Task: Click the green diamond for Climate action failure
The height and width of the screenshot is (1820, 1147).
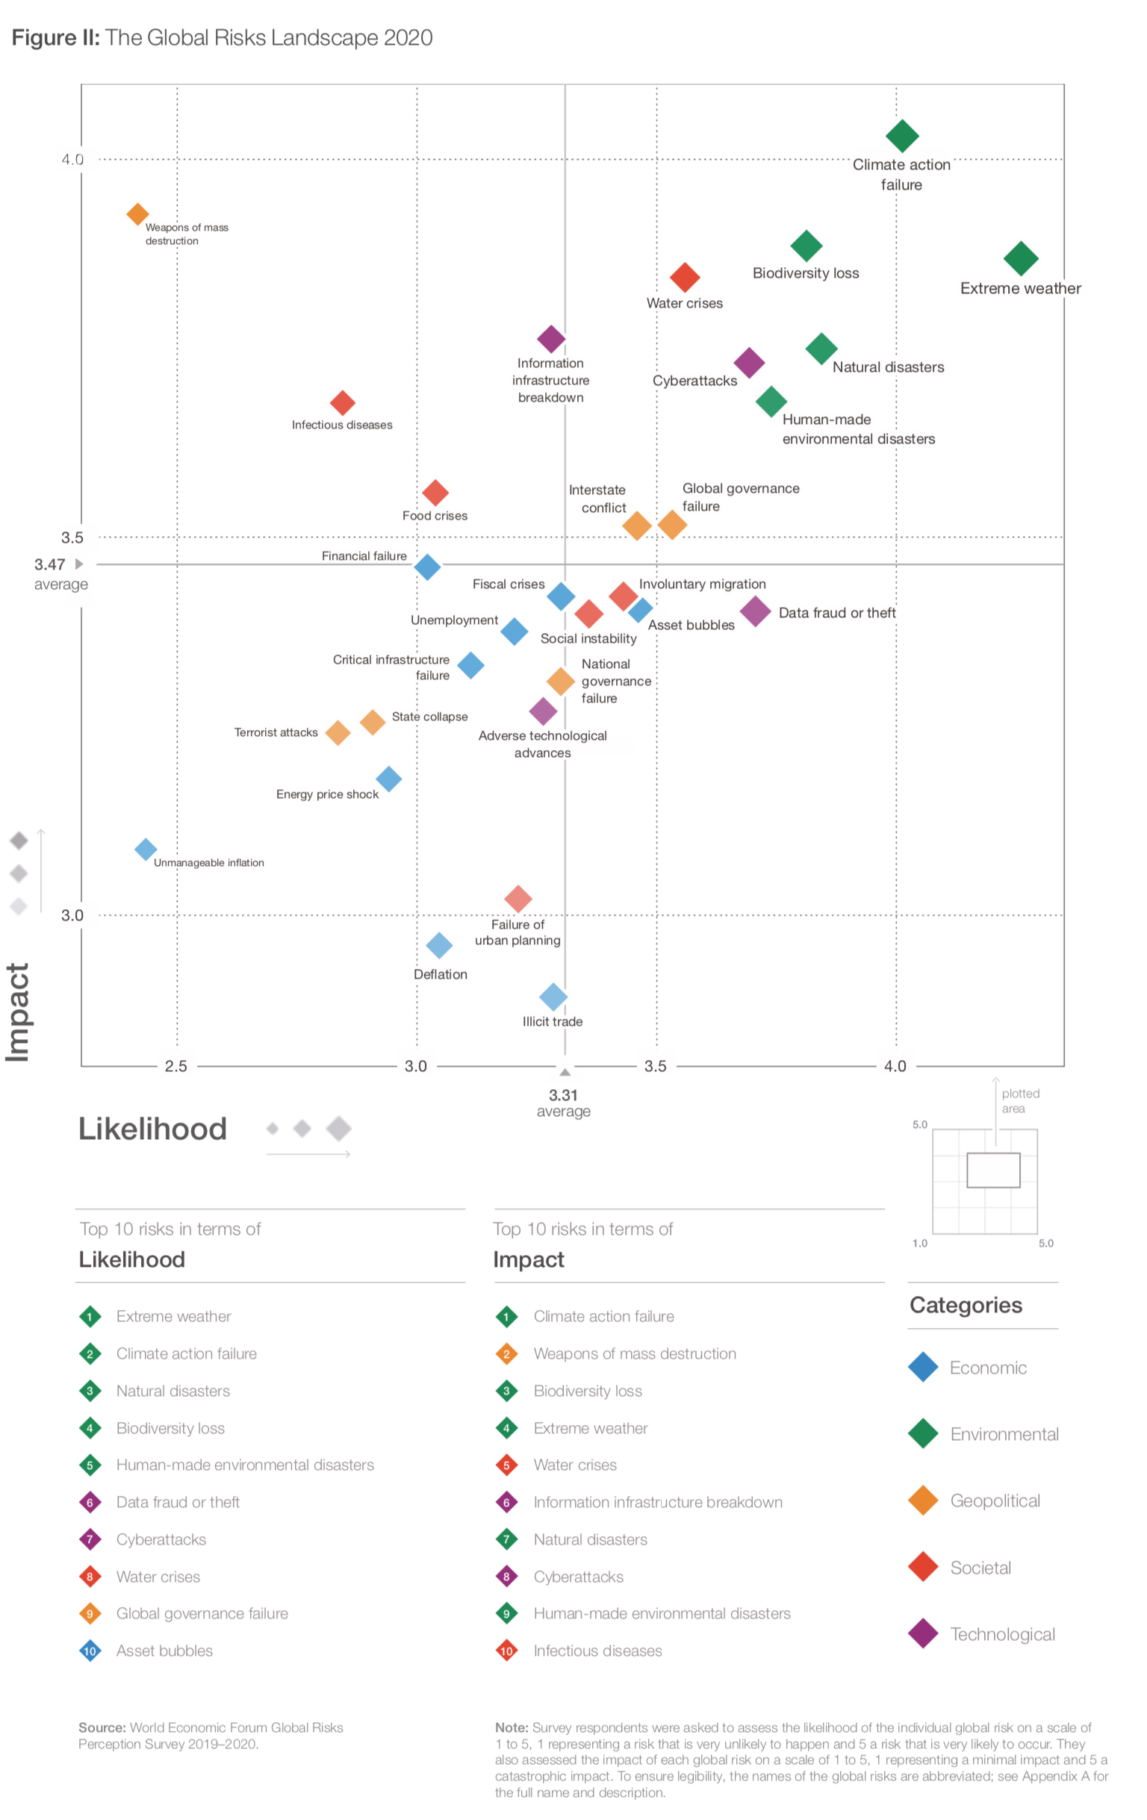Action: (901, 136)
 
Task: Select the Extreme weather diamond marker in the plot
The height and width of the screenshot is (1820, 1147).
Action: (1020, 258)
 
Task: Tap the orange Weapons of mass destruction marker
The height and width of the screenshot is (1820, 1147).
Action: (137, 214)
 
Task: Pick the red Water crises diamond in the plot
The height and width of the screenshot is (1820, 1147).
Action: (684, 278)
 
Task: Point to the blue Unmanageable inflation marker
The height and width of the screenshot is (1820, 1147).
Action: (145, 849)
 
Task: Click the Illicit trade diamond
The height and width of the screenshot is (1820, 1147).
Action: (553, 996)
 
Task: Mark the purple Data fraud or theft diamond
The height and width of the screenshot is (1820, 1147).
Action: (754, 611)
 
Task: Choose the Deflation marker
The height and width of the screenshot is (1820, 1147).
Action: (439, 944)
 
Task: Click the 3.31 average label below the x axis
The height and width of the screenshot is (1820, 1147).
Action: (563, 1094)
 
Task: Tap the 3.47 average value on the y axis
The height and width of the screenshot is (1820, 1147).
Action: (50, 564)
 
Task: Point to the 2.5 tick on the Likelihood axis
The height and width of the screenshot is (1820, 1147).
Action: (176, 1066)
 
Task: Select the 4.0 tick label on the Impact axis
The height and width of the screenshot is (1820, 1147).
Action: (72, 160)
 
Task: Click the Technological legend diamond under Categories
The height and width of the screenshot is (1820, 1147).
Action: (922, 1633)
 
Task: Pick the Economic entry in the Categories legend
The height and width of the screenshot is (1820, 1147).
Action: (987, 1368)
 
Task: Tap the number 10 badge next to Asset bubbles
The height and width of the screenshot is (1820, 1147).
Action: (90, 1651)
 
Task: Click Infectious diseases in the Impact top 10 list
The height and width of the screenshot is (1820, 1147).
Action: (597, 1651)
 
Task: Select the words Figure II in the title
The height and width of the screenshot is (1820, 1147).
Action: (55, 38)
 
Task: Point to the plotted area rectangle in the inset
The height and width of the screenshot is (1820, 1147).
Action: (992, 1169)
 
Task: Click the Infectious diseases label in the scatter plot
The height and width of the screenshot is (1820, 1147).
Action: (342, 425)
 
